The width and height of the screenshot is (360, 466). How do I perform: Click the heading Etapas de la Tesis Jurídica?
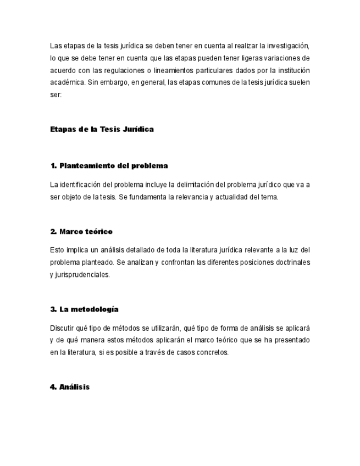[102, 129]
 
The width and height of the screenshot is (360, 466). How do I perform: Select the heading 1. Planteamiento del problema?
[109, 165]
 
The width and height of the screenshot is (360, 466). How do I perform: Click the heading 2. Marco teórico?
[81, 231]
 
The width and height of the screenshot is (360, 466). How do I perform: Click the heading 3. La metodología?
[84, 309]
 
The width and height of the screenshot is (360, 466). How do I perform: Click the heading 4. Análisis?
[70, 387]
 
